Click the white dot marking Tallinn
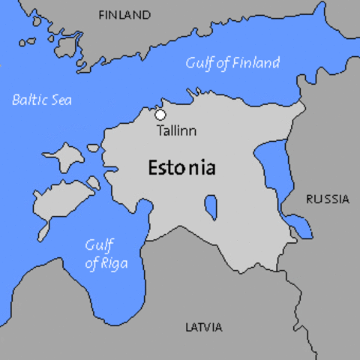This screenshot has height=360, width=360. click(160, 114)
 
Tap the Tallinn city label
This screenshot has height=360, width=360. click(177, 130)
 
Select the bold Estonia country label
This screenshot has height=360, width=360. click(181, 166)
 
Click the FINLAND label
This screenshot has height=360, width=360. click(124, 15)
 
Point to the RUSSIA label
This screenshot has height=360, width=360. click(327, 199)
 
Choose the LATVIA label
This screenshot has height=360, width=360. click(203, 327)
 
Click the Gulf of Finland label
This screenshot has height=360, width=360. click(232, 63)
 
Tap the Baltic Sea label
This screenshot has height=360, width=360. click(42, 99)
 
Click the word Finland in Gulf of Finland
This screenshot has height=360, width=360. click(254, 63)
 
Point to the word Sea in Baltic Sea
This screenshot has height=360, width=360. click(61, 99)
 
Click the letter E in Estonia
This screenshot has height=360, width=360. click(154, 166)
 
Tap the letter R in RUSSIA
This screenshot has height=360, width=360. click(309, 199)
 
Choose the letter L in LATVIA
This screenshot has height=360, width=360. click(188, 327)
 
